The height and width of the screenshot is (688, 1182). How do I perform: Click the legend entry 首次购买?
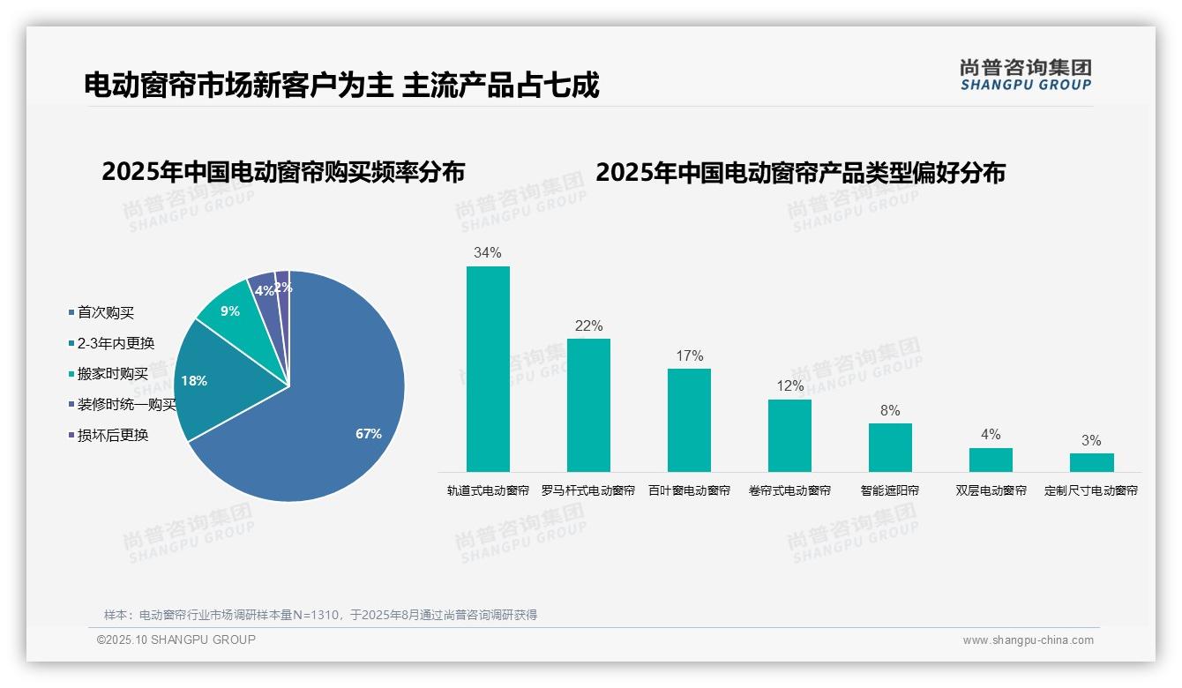[x=105, y=313]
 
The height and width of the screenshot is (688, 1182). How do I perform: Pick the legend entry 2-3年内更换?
[x=115, y=343]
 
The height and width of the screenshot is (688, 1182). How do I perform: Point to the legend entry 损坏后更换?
[x=112, y=435]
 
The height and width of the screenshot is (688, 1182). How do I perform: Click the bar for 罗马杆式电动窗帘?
[x=588, y=405]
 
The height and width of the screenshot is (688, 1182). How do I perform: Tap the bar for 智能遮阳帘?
[x=890, y=447]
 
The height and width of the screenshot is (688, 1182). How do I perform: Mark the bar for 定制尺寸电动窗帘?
[x=1091, y=462]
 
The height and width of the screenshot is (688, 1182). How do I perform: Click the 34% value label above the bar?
[x=487, y=253]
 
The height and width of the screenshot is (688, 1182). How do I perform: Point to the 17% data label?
[x=689, y=356]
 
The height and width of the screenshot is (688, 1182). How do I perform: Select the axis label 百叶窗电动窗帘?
[x=689, y=490]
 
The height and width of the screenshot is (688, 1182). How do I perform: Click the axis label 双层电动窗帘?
[x=991, y=490]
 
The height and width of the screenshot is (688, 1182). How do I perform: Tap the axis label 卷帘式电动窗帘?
[x=789, y=490]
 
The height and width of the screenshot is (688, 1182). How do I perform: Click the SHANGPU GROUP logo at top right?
[x=1025, y=75]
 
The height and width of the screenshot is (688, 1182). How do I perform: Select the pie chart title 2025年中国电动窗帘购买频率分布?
[x=283, y=172]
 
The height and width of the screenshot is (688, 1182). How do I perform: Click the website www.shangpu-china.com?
[x=1028, y=640]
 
